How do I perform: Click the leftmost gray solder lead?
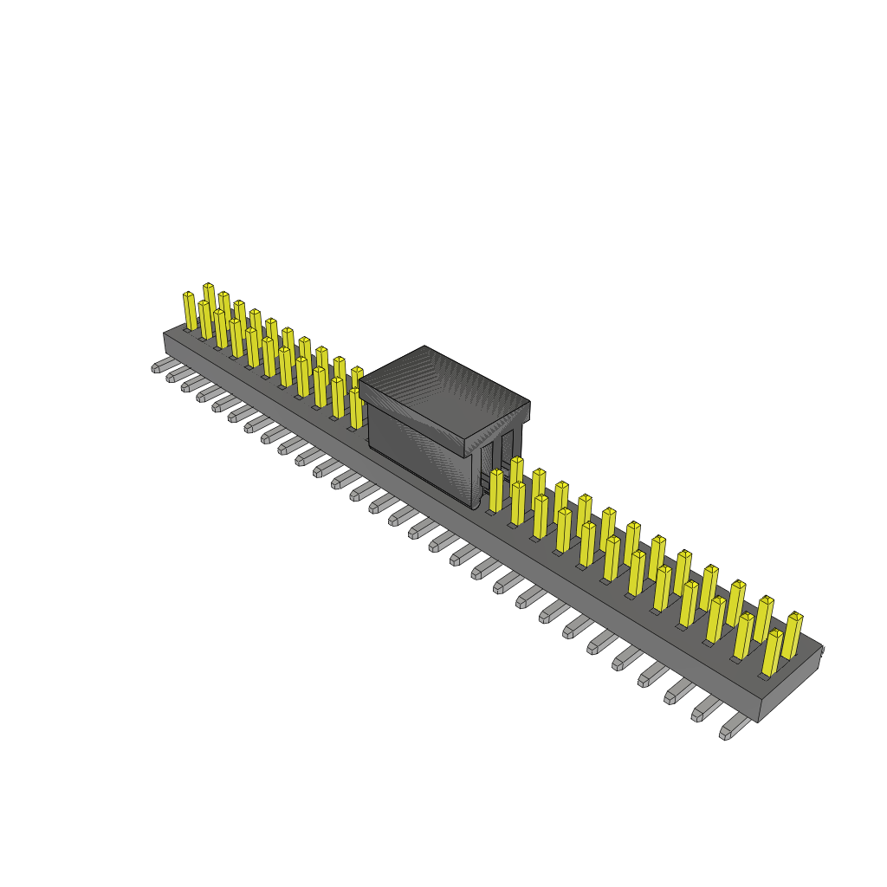coord(162,366)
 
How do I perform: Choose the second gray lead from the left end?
coord(177,374)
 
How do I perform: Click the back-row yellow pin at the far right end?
coord(792,635)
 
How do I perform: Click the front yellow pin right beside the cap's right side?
coord(496,491)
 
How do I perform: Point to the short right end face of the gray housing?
coord(790,684)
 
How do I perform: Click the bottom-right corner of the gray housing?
coord(759,721)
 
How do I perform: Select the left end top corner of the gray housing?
coord(165,333)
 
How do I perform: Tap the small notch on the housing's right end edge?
coord(821,650)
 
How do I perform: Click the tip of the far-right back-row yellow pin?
coord(795,616)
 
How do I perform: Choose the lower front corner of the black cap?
coord(473,507)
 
